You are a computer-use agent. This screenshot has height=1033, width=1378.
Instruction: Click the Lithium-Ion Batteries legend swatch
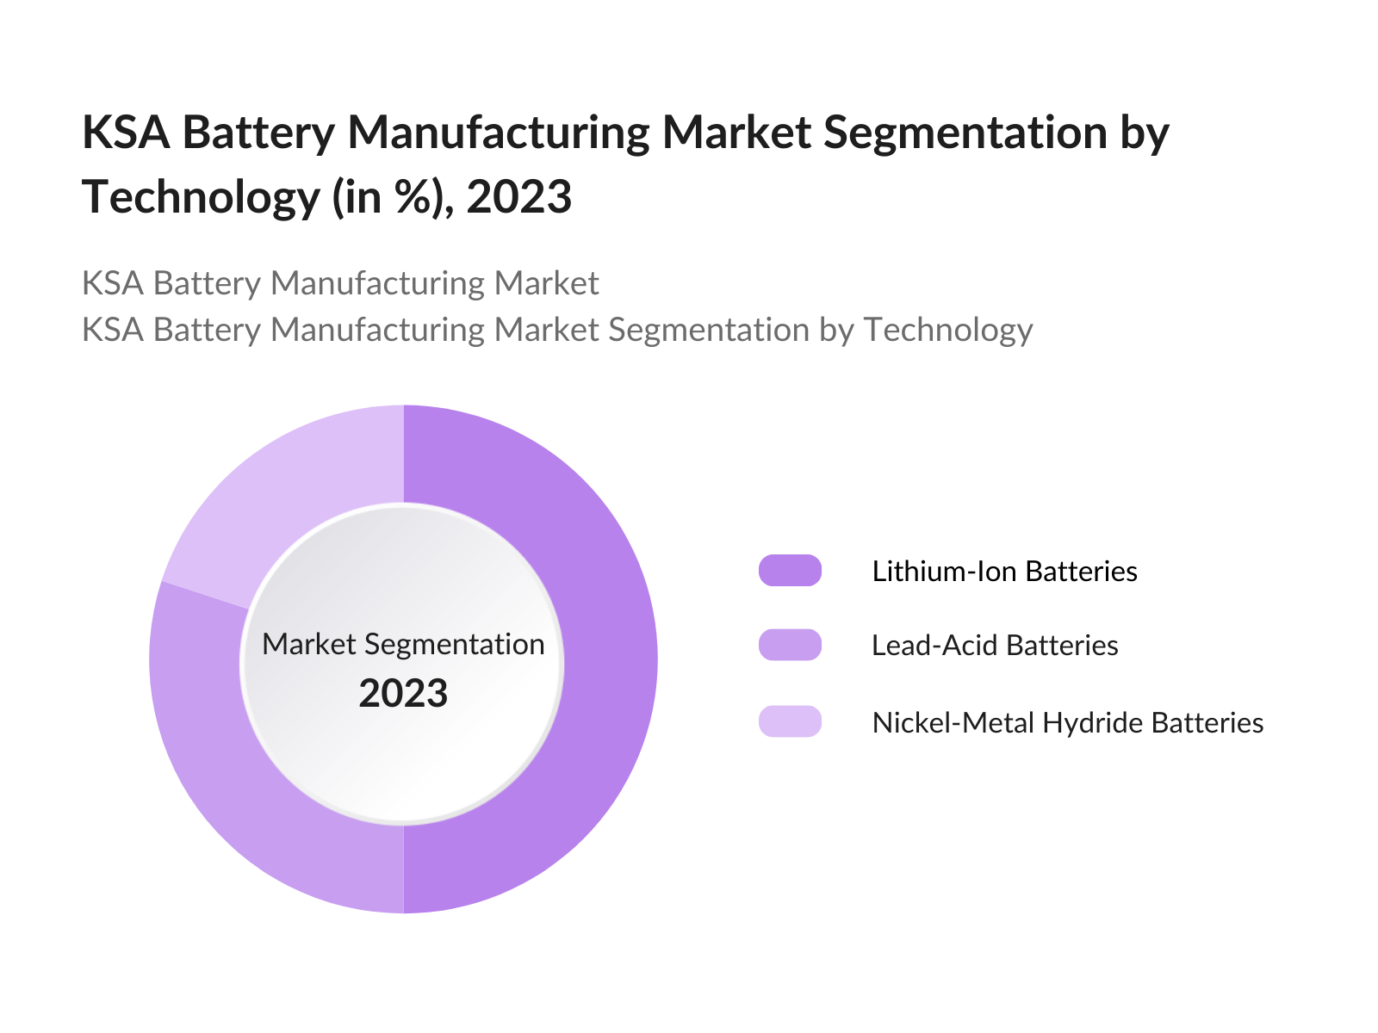click(790, 571)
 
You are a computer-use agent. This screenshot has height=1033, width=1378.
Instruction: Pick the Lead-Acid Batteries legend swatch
click(790, 645)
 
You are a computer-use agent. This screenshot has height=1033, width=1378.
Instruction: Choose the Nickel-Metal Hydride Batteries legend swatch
click(790, 721)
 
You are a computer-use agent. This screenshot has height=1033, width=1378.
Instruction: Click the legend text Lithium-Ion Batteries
click(1004, 572)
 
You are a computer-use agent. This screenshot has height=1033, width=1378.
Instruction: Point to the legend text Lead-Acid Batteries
click(995, 646)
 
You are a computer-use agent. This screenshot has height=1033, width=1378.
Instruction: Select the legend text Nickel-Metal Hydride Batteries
click(1067, 722)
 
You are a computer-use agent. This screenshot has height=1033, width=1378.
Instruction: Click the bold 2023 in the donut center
click(403, 694)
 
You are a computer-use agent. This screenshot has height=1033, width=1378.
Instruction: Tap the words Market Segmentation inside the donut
click(403, 644)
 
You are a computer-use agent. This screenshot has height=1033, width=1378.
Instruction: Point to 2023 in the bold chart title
click(519, 197)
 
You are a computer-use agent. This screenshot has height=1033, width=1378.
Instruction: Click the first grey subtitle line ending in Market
click(340, 283)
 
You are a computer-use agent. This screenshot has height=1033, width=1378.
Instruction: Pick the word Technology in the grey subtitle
click(947, 330)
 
